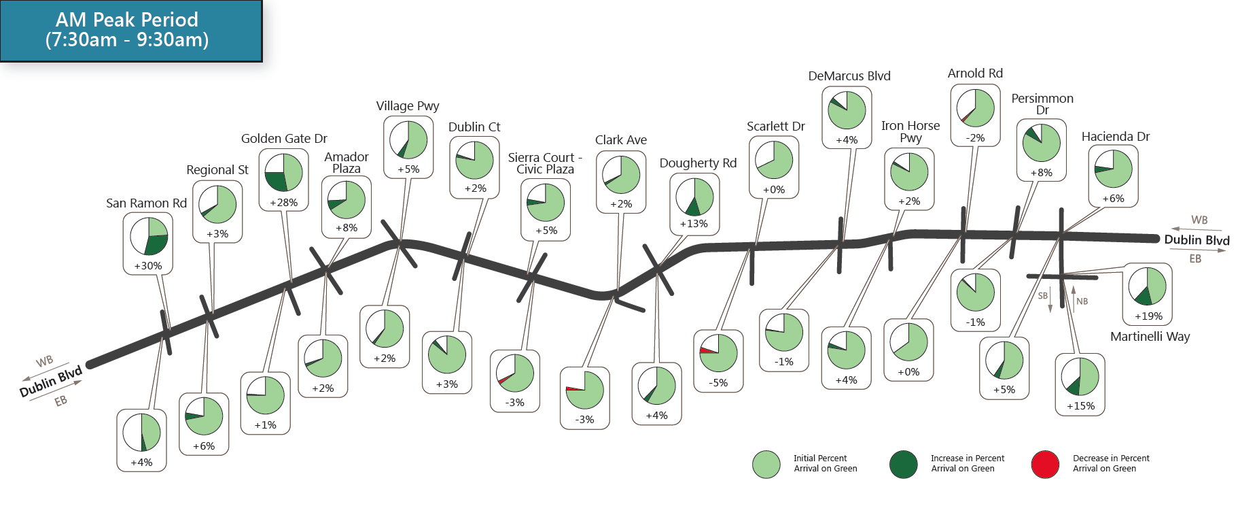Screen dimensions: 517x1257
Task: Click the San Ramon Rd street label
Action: tap(146, 203)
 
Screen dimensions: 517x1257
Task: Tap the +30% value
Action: tap(148, 266)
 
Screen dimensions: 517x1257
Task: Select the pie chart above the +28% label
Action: tap(283, 172)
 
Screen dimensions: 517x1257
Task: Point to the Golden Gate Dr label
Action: tap(284, 139)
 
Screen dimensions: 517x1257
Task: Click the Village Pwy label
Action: tap(408, 106)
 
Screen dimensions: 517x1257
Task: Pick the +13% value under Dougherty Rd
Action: tap(694, 224)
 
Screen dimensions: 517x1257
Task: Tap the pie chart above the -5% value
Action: tap(718, 352)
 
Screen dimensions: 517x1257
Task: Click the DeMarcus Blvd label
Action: tap(849, 76)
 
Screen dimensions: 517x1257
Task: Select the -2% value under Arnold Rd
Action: tap(975, 138)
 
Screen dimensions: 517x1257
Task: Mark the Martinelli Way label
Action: tap(1150, 337)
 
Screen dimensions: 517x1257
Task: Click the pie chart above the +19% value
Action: tap(1148, 286)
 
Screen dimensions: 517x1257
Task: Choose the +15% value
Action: tap(1080, 406)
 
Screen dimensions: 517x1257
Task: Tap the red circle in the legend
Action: tap(1045, 464)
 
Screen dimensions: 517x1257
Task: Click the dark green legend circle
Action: tap(903, 464)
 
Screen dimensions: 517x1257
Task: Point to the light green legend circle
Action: tap(766, 464)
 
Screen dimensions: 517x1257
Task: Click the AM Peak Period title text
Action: tap(127, 30)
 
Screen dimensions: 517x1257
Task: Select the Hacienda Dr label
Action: tap(1116, 137)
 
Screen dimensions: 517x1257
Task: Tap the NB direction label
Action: tap(1082, 301)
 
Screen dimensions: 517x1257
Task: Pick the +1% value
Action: tap(266, 425)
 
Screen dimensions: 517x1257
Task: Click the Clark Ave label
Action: tap(621, 140)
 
